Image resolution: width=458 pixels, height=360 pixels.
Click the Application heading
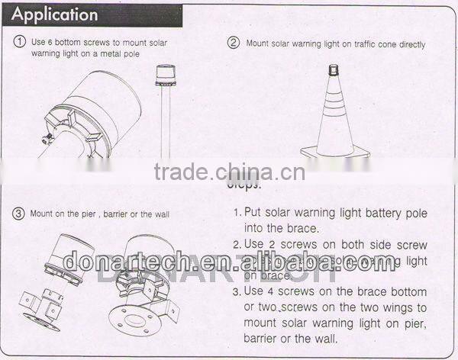coord(56,14)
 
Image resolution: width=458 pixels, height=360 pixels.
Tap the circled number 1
coord(20,43)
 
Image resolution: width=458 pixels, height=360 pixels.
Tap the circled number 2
coord(234,43)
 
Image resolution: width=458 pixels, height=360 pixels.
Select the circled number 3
coord(19,214)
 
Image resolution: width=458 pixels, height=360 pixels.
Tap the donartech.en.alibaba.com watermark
coord(229,261)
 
